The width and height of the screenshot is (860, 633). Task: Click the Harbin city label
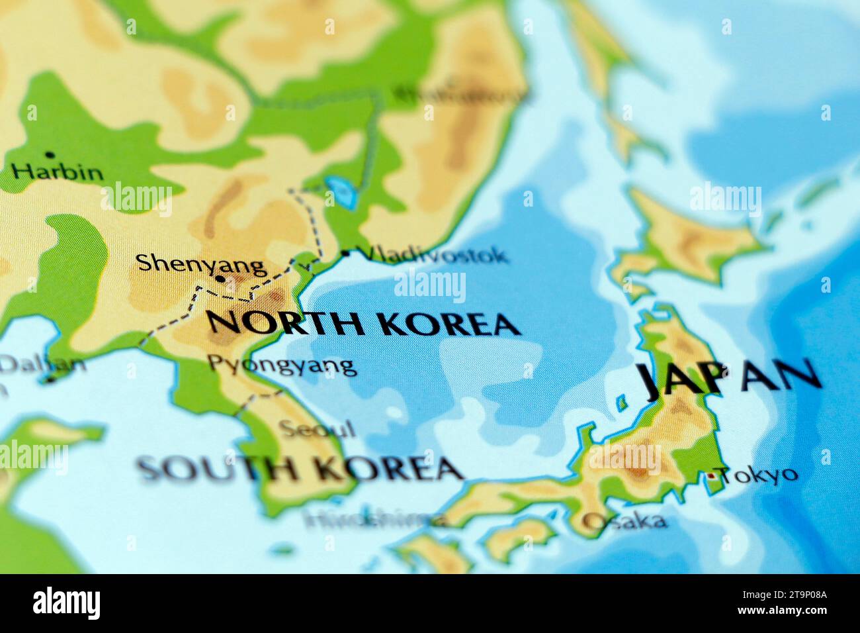58,173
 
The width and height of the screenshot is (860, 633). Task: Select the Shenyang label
201,264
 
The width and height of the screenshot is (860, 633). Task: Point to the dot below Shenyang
220,280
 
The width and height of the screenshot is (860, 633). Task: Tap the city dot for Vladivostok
345,253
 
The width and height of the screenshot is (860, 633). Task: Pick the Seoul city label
317,428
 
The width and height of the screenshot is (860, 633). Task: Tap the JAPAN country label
730,379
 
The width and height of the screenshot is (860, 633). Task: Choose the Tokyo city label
759,474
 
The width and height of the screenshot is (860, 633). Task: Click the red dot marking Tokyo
711,475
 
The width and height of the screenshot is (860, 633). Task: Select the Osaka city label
624,521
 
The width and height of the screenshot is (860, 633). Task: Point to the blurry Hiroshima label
374,519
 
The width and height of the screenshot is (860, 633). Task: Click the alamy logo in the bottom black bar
66,603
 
